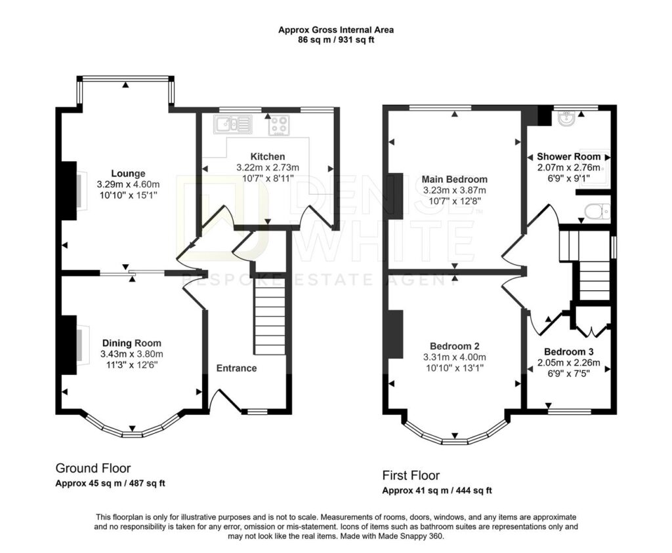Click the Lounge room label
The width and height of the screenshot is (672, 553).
[x=128, y=174]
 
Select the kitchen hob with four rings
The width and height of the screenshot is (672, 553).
[x=279, y=125]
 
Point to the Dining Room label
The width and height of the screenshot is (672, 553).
[x=131, y=343]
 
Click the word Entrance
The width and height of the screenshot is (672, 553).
[x=236, y=368]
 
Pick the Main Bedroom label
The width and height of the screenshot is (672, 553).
[x=455, y=179]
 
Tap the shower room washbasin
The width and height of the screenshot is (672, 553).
[x=568, y=119]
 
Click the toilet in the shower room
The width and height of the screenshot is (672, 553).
[x=597, y=212]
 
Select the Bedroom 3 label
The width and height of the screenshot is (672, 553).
[x=569, y=352]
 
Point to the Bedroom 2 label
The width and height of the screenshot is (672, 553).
[x=455, y=346]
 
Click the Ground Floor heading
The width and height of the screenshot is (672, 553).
[x=93, y=468]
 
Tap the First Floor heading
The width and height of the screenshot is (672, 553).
[x=411, y=475]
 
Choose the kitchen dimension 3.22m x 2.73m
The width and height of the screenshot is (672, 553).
[x=268, y=167]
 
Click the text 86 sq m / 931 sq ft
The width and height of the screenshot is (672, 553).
[x=336, y=40]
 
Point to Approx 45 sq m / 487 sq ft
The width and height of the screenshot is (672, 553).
[x=110, y=484]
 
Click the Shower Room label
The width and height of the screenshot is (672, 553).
[x=569, y=156]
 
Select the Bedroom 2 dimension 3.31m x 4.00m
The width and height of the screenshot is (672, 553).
[x=455, y=357]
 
